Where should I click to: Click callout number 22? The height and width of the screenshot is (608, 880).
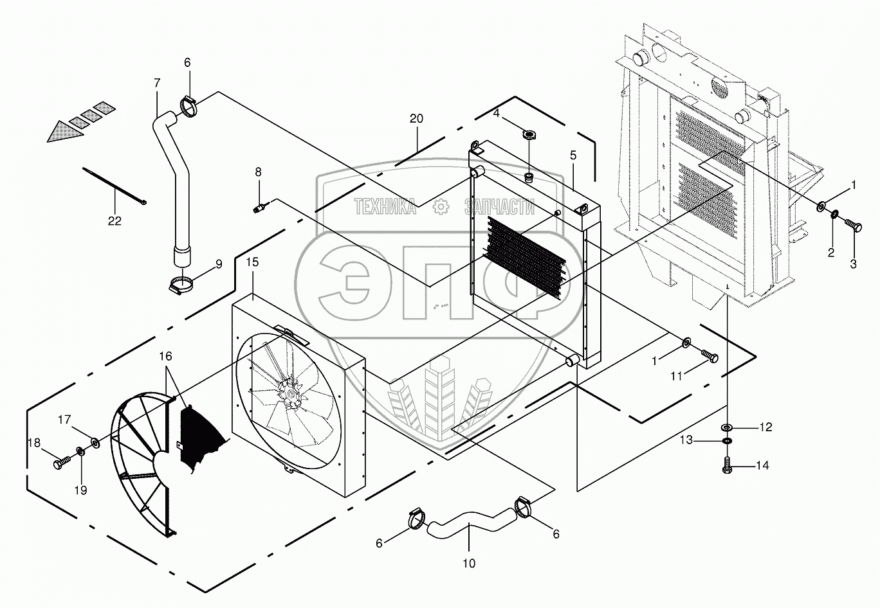(115, 221)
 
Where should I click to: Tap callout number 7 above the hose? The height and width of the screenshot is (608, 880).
(157, 83)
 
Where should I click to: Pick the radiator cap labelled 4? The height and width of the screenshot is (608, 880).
(529, 134)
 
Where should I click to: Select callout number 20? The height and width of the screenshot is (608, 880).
(416, 118)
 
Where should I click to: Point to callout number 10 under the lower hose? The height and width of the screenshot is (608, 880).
(469, 564)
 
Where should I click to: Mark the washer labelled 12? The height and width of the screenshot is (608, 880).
(728, 427)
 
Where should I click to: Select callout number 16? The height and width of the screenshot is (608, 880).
(166, 355)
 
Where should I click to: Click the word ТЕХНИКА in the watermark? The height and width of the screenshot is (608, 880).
(385, 206)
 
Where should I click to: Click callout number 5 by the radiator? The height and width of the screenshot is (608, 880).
(573, 155)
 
